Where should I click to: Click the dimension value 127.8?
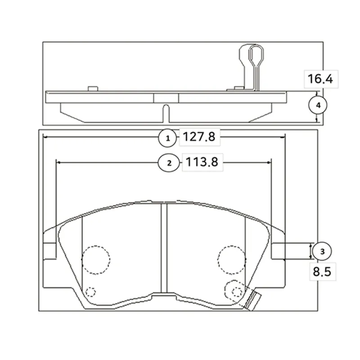pyautogui.click(x=199, y=137)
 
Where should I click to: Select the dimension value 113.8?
pyautogui.click(x=202, y=162)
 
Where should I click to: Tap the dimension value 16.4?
pyautogui.click(x=320, y=79)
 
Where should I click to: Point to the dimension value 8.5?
pyautogui.click(x=322, y=272)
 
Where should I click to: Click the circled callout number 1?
pyautogui.click(x=167, y=138)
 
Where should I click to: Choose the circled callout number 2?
pyautogui.click(x=169, y=163)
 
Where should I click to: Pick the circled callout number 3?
pyautogui.click(x=322, y=252)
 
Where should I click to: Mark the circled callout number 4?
pyautogui.click(x=318, y=105)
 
